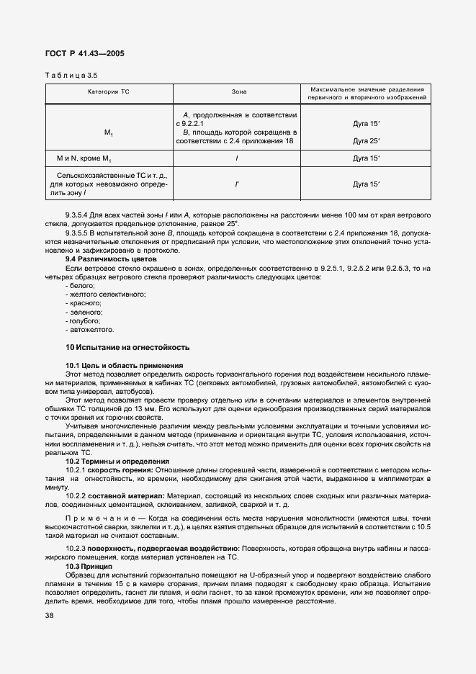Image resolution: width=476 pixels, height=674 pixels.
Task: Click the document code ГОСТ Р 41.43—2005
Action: pos(78,53)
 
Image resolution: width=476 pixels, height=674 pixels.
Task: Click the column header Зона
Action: pos(238,93)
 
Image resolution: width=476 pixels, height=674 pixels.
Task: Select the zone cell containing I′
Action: pos(238,184)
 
